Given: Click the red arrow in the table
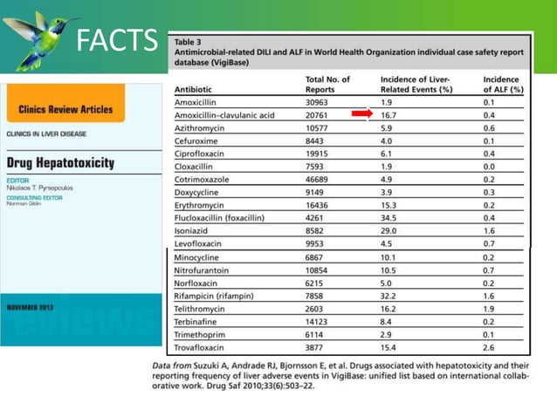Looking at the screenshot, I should tap(361, 114).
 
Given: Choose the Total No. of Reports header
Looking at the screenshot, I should tap(327, 85).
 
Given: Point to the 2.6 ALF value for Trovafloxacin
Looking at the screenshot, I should tap(489, 346).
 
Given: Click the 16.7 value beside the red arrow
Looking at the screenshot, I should tap(390, 115).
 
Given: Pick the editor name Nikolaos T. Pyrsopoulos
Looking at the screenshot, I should tap(42, 188).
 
